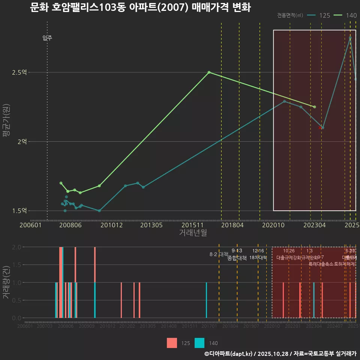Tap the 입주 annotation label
(47, 38)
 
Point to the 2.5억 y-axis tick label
(19, 72)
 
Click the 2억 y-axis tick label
(22, 141)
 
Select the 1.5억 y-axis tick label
(19, 210)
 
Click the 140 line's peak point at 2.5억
(209, 72)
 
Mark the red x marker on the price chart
(320, 128)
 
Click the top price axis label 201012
(112, 225)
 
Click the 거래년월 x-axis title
(193, 233)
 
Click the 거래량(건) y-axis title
(6, 282)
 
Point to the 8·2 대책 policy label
(219, 254)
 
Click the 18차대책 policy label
(258, 258)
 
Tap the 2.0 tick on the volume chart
(16, 247)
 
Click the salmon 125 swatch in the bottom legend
(172, 343)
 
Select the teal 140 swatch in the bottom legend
(199, 343)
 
